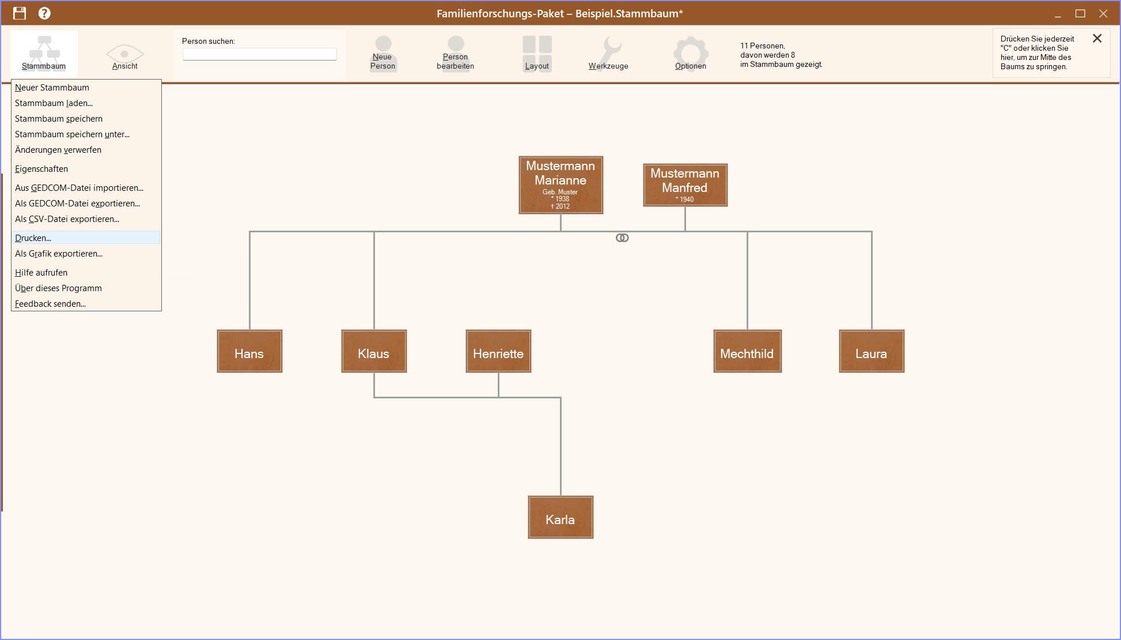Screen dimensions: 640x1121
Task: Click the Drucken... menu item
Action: coord(33,238)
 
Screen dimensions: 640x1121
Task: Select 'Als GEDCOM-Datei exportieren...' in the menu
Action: coord(77,204)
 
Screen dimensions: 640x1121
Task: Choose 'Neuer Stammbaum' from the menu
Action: coord(52,88)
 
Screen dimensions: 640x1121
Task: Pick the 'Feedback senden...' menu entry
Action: coord(50,304)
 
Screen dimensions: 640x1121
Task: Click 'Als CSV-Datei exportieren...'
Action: coord(67,219)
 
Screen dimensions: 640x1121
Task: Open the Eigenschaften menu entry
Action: coord(41,169)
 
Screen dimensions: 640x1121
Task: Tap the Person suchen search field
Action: coord(259,54)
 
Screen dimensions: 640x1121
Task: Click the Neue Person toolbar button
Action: coord(382,53)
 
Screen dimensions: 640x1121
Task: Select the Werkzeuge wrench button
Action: coord(608,53)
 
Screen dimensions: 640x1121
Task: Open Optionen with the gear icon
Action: coord(690,53)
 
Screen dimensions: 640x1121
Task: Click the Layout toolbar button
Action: coord(537,53)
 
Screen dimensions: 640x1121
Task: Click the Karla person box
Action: coord(560,518)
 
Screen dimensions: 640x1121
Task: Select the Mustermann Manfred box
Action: coord(685,185)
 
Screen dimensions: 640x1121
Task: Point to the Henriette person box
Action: coord(498,352)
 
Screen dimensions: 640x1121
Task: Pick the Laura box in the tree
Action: coord(871,352)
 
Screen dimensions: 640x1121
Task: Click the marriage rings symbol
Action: coord(622,238)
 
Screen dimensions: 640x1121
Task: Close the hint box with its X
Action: coord(1097,39)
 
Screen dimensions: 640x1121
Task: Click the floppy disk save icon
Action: coord(20,13)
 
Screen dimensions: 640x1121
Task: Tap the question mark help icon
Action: coord(44,13)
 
